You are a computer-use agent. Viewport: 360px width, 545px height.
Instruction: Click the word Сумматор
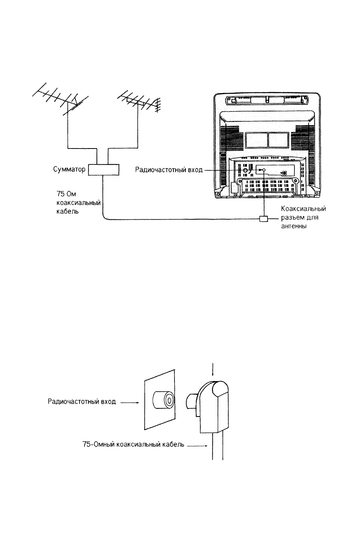pos(69,169)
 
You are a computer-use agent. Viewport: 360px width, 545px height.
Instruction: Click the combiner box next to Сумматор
pos(103,170)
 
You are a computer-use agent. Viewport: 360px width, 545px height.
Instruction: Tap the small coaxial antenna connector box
pos(263,219)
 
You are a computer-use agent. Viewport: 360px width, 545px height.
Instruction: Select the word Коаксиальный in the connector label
pos(303,209)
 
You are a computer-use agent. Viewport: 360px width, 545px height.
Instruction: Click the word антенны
pos(294,226)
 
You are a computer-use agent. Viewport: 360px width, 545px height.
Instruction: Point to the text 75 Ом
pos(66,194)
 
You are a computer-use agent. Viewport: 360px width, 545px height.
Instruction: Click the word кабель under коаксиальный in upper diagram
pos(67,211)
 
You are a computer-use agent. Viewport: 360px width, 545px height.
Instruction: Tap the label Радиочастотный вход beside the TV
pos(169,170)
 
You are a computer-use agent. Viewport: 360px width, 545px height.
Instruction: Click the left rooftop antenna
pos(61,99)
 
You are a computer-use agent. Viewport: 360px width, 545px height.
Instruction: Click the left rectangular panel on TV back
pos(256,140)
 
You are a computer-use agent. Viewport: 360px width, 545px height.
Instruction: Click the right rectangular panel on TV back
pos(278,140)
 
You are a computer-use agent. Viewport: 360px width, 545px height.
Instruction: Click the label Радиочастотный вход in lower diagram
pos(82,401)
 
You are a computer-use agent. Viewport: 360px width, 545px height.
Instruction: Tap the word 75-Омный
pos(99,444)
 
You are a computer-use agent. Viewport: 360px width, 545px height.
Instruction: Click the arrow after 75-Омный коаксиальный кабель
pos(197,446)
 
